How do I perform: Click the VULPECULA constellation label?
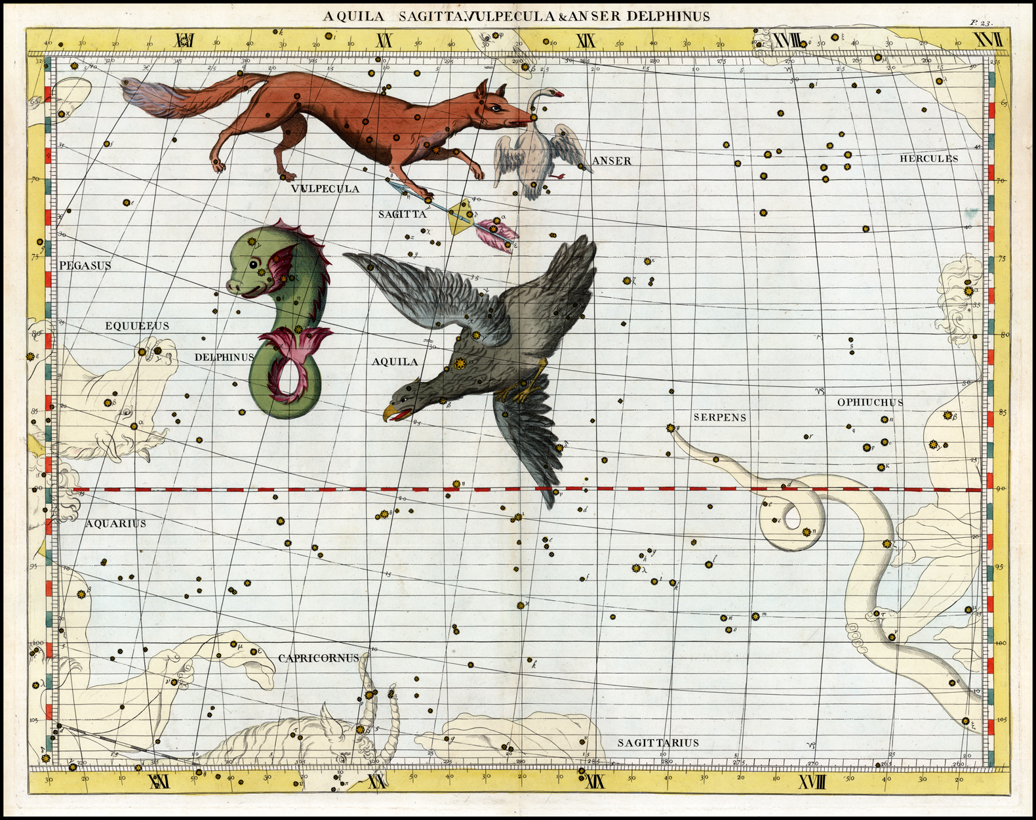tap(325, 189)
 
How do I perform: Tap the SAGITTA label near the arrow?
tap(403, 214)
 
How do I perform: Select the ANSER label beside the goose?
tap(611, 161)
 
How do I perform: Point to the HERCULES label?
tap(928, 159)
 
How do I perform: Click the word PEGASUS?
tap(85, 266)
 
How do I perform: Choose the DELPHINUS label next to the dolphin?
tap(224, 358)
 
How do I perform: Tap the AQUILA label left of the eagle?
tap(395, 361)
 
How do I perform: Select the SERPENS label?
tap(720, 417)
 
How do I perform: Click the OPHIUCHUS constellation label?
tap(870, 402)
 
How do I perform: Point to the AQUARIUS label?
tap(115, 523)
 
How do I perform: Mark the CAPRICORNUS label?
tap(319, 658)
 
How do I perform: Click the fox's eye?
tap(496, 108)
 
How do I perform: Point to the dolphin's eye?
tap(253, 265)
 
